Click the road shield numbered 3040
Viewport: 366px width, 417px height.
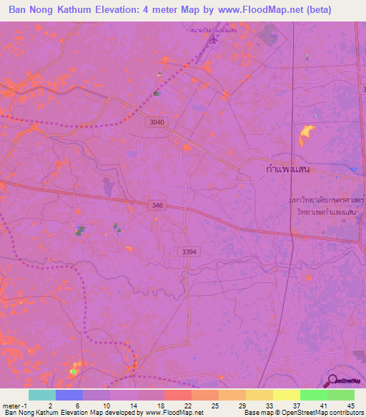(157, 123)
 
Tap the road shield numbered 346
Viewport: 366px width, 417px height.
(159, 206)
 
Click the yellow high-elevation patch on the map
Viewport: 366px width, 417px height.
(307, 131)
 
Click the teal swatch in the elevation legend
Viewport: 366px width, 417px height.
(41, 395)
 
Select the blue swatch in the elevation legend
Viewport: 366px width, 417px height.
(69, 395)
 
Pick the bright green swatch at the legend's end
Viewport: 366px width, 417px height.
(340, 395)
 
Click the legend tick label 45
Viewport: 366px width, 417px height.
(350, 406)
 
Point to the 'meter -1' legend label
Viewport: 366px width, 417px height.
(16, 406)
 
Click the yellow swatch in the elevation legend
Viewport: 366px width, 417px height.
(286, 395)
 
